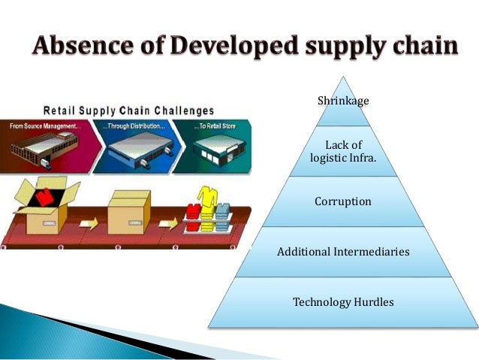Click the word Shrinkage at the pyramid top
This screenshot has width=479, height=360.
pos(343,100)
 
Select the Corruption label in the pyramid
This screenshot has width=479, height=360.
pos(343,201)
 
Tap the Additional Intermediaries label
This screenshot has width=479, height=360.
pos(343,252)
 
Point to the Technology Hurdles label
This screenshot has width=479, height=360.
pos(343,302)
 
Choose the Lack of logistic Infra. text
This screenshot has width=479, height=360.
pos(343,151)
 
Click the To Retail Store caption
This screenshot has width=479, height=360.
pos(213,126)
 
